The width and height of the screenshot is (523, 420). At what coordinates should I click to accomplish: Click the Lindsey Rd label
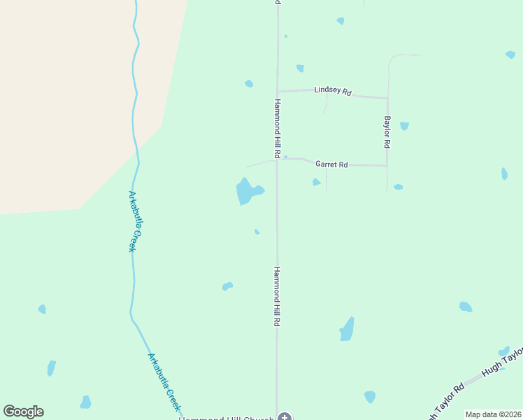pos(333,91)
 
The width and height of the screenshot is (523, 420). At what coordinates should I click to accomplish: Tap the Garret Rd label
pos(331,164)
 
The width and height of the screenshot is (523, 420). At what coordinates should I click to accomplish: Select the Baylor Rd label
pos(386,132)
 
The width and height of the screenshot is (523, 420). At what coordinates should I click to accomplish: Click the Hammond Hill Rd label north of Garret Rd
pos(277,127)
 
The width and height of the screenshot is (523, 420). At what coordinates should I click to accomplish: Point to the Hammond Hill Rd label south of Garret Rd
pos(277,296)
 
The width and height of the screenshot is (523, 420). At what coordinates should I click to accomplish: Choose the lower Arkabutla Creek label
pos(164,381)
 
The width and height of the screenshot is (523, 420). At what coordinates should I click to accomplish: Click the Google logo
pos(24,412)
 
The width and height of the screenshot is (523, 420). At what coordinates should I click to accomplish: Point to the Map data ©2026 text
pos(493,414)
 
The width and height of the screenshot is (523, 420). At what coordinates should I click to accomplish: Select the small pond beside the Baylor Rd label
pos(404,126)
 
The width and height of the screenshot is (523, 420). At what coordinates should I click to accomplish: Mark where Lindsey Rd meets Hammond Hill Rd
pos(278,91)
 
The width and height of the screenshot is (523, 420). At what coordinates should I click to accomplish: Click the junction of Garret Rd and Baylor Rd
pos(387,166)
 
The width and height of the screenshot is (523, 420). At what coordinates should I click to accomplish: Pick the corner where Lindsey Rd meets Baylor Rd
pos(387,98)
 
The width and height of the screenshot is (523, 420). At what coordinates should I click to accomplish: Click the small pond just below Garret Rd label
pos(316,183)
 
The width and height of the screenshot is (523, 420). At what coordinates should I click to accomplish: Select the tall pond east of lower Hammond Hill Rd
pos(347,329)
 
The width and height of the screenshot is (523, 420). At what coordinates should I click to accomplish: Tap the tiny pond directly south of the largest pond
pos(257,232)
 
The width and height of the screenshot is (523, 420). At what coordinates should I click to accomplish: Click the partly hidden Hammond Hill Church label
pos(224,418)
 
